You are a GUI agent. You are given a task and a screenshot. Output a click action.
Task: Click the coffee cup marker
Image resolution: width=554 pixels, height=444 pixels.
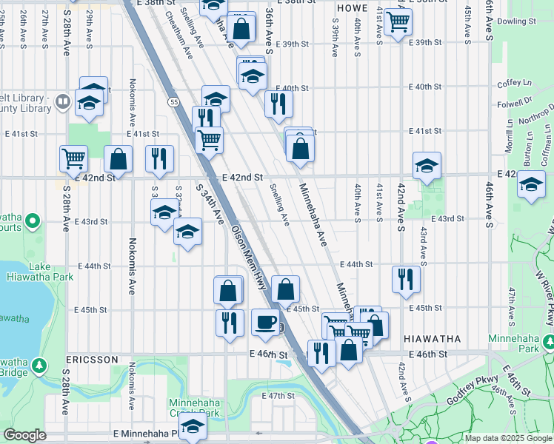[265, 321]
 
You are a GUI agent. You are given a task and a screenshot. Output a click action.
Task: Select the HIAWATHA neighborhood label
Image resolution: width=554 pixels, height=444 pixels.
[433, 339]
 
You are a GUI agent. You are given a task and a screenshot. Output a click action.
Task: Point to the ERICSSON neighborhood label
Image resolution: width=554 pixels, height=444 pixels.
[92, 359]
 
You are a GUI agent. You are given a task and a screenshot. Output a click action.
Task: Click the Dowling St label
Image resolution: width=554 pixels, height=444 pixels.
[517, 21]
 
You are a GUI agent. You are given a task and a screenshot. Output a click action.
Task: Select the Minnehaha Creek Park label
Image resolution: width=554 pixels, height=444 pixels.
[194, 408]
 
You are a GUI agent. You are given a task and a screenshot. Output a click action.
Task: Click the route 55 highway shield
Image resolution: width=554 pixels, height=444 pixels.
[173, 101]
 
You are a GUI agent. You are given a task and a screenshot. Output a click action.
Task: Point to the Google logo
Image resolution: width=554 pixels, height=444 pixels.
[24, 435]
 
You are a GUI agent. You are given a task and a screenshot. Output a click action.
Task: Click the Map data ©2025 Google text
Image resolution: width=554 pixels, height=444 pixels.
[508, 438]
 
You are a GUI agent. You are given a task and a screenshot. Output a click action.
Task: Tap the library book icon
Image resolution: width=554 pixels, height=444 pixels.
[62, 101]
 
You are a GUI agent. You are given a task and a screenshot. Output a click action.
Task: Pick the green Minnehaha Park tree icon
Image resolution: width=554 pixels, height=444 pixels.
[549, 342]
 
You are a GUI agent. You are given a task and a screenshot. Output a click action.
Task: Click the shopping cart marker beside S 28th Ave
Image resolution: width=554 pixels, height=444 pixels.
[73, 157]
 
